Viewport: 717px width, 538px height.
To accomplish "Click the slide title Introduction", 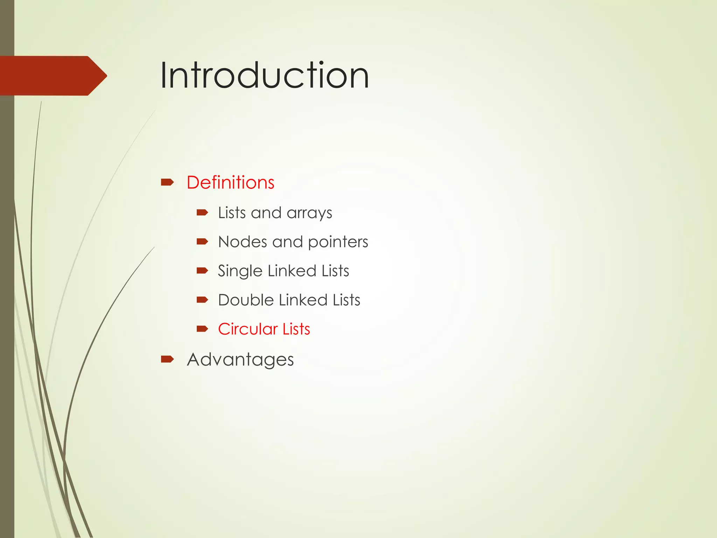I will [264, 75].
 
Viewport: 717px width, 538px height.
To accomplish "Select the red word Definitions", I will [230, 182].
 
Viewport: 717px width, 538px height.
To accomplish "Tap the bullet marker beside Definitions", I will [167, 182].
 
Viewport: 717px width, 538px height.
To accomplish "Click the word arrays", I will [309, 213].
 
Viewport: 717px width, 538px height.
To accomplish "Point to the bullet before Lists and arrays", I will [202, 212].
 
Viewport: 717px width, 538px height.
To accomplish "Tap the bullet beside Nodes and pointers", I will [202, 241].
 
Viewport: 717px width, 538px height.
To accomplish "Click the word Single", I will [240, 271].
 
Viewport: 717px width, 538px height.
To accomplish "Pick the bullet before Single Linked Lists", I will [202, 270].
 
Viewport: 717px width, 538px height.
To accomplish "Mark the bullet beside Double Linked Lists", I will [202, 299].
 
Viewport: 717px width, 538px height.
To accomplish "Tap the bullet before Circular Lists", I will [202, 329].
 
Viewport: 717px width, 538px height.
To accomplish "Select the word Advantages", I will [240, 360].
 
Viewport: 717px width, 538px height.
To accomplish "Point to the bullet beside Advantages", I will [167, 359].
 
